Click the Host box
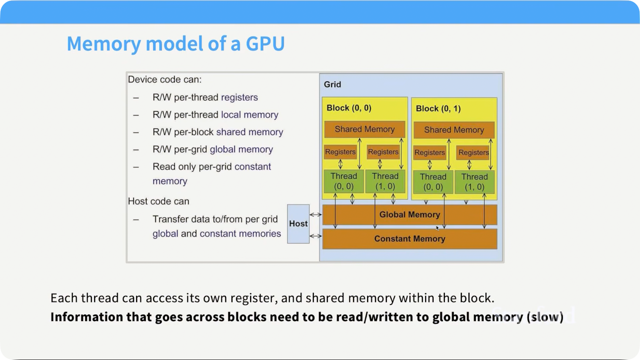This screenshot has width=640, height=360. [x=298, y=224]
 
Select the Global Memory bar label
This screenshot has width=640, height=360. [x=409, y=215]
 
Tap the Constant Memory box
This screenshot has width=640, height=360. [x=410, y=239]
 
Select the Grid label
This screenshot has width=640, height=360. [x=332, y=85]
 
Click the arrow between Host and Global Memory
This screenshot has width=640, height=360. [x=316, y=215]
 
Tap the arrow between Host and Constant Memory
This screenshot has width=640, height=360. [x=316, y=236]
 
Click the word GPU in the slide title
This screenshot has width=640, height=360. [x=265, y=44]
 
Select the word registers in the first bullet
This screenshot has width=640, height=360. [x=239, y=98]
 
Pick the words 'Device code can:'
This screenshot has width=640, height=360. [x=164, y=80]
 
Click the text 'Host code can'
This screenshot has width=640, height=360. [x=159, y=201]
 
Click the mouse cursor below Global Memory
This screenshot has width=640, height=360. [x=437, y=228]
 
